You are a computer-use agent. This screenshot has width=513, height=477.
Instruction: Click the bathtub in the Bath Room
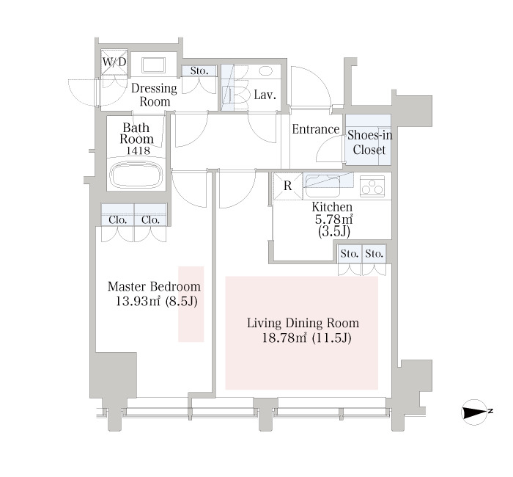[x=136, y=174]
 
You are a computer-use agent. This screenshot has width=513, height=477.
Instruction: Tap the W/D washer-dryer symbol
[x=114, y=62]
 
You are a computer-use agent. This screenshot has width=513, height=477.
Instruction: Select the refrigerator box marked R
[x=288, y=186]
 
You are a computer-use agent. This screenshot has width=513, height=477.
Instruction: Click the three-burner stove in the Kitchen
[x=372, y=186]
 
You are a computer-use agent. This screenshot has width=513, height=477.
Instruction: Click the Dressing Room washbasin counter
[x=153, y=65]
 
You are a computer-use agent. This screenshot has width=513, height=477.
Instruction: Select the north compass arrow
[x=474, y=412]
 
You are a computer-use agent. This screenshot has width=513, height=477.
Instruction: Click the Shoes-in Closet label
[x=369, y=142]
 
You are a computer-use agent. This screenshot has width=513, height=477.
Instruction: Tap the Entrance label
[x=315, y=129]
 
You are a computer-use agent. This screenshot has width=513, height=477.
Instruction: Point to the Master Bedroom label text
[x=154, y=286]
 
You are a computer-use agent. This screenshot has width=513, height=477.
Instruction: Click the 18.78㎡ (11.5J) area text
[x=306, y=338]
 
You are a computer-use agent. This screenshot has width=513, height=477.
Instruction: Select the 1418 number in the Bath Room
[x=138, y=150]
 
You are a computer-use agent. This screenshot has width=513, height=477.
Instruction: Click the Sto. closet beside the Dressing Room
[x=199, y=71]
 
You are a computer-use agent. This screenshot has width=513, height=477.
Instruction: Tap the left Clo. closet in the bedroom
[x=117, y=214]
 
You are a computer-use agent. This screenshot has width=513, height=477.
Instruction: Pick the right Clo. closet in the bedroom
[x=150, y=214]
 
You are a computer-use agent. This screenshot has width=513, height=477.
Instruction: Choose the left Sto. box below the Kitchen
[x=350, y=254]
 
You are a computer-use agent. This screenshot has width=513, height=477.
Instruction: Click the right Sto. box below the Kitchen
[x=374, y=254]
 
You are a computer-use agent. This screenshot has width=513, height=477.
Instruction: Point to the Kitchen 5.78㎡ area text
[x=333, y=219]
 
